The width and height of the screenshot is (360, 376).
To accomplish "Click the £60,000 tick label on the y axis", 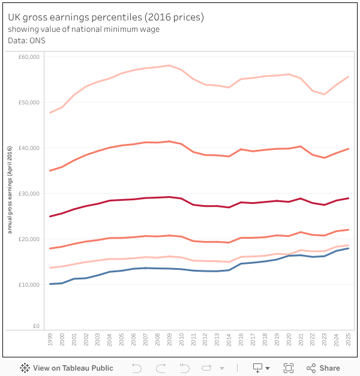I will coord(29,57).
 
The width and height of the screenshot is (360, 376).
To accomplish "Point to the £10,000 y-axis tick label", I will coord(29,284).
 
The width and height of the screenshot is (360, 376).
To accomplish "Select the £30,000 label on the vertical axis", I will coord(29,193).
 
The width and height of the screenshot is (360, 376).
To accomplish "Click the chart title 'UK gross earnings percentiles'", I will coord(106,17).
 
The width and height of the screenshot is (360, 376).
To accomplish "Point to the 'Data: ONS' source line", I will coord(27,41).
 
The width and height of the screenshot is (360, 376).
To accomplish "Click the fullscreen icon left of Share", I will coord(288,368).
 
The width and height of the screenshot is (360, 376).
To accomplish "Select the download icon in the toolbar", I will coord(258,368).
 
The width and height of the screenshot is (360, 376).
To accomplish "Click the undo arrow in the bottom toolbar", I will coord(136,368).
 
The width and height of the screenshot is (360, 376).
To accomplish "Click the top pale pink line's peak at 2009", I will coord(169,65).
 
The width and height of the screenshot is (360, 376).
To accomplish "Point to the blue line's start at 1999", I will coord(50,284).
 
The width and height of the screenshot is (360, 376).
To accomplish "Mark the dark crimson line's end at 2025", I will coord(349,198).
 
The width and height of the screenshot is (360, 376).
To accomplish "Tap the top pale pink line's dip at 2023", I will coord(325,94).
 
